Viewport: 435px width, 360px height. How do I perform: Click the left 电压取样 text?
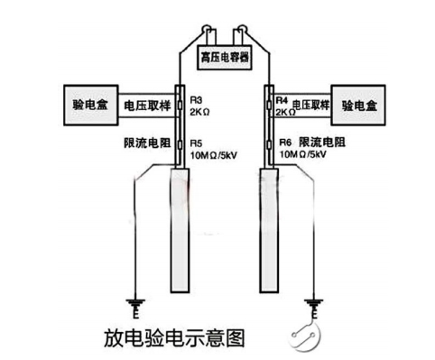[x=146, y=105]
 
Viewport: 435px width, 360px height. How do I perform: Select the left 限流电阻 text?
[x=144, y=143]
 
